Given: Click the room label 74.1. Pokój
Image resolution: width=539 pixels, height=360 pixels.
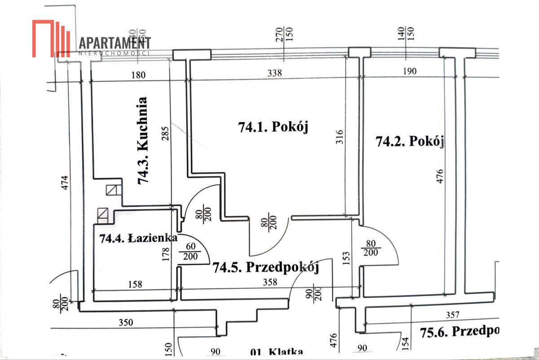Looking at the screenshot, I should pyautogui.click(x=274, y=128).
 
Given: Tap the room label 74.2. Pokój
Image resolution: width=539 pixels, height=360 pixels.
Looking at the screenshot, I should pyautogui.click(x=410, y=142).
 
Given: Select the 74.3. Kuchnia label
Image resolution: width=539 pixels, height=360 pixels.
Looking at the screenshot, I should pyautogui.click(x=144, y=141).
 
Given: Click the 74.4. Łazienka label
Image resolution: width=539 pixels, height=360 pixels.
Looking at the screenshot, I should pyautogui.click(x=137, y=238).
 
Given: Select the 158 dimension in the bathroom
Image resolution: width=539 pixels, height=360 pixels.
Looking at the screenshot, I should pyautogui.click(x=135, y=284).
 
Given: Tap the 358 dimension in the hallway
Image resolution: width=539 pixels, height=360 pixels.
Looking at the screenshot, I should pyautogui.click(x=270, y=283).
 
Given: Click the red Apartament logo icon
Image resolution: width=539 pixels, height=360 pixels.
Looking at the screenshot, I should pyautogui.click(x=52, y=39).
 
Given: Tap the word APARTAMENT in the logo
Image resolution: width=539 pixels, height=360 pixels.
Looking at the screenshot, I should pyautogui.click(x=115, y=44).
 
